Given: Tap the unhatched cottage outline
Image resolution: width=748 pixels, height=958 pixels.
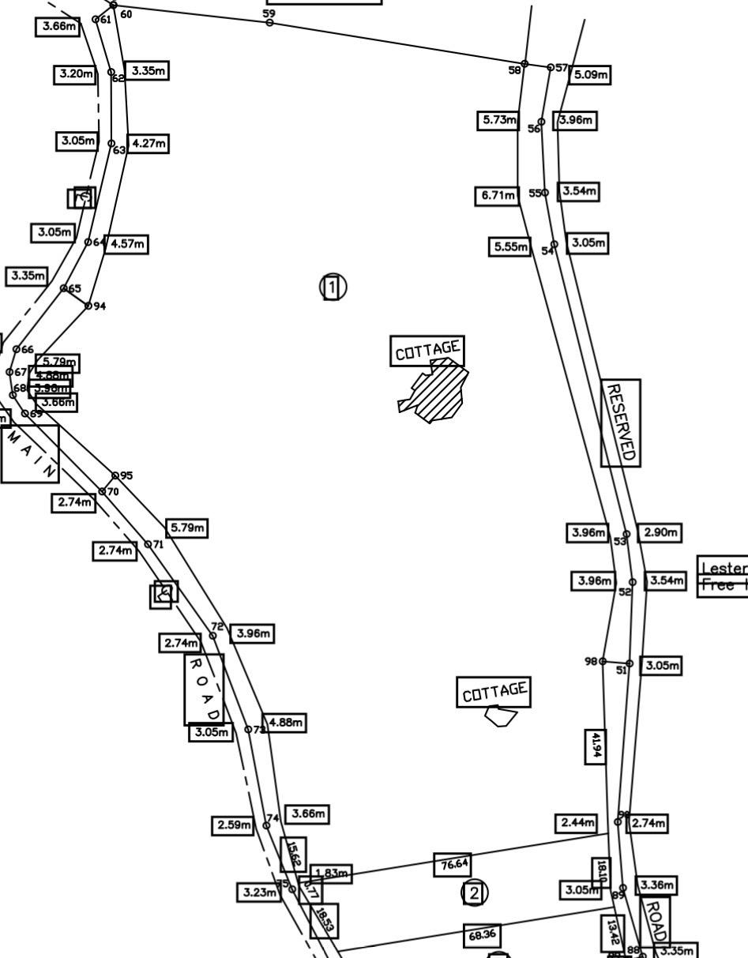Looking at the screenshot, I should pos(500,716).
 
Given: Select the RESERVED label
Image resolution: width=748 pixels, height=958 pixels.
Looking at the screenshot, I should pos(621,423).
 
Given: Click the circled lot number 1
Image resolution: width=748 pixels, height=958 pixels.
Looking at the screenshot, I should pos(333,287).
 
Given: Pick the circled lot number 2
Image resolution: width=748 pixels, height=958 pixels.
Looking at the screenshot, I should pos(474,893).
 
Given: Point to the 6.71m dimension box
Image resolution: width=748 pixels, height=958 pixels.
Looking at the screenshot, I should pos(497,195).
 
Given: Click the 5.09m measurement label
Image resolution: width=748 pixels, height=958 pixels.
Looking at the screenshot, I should pos(590,75).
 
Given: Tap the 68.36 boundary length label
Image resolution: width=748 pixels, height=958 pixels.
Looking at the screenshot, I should pos(482,936).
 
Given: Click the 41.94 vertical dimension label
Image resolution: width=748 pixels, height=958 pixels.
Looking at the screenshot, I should pos(596,746).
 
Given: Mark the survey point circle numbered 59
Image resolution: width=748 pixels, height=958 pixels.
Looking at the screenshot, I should pos(269,23).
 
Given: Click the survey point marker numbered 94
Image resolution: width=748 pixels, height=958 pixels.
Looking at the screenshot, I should pos(88,306).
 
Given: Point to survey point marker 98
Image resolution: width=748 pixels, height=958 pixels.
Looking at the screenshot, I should pos(603,661).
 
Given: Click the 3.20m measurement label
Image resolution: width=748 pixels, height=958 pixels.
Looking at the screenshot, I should pos(75,75).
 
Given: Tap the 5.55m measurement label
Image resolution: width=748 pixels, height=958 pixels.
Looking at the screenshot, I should pos(509,247).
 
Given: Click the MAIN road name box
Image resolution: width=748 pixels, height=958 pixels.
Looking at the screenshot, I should pos(29,453).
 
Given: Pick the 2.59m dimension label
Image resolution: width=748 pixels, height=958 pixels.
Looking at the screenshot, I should pos(233,826).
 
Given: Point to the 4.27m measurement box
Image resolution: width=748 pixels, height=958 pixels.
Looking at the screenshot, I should pos(148,144).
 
